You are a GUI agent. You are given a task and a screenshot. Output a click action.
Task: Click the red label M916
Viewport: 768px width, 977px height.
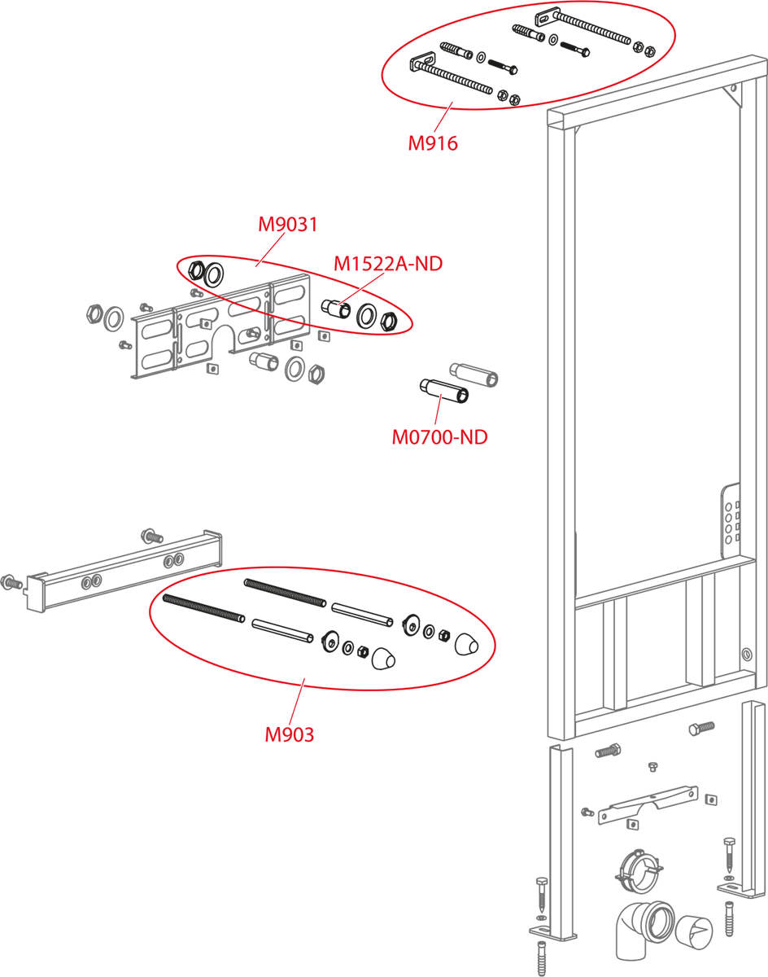tap(433, 144)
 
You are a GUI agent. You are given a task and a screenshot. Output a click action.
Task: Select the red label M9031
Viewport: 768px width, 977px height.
tap(287, 224)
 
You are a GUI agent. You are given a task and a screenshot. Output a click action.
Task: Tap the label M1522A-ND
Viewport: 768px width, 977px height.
tap(388, 264)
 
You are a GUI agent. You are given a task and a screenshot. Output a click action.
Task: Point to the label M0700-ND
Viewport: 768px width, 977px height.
tap(439, 437)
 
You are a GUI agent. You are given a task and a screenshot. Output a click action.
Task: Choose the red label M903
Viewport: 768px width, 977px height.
tap(289, 734)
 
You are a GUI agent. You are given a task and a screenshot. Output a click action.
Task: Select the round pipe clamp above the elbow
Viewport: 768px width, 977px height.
tap(635, 870)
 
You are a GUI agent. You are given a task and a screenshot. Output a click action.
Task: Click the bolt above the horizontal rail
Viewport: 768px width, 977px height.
tap(151, 535)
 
